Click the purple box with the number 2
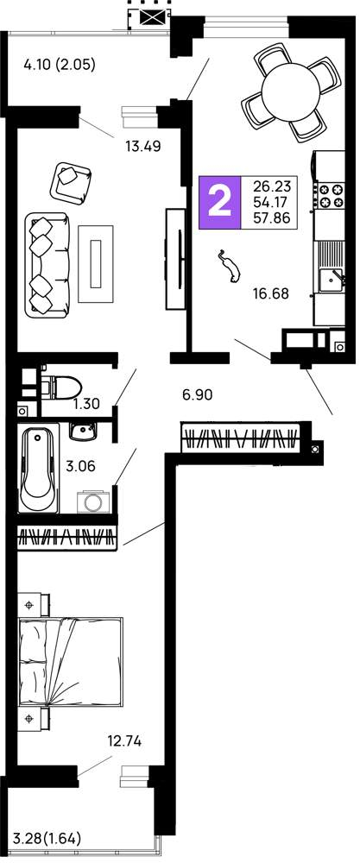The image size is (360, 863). coord(219,203)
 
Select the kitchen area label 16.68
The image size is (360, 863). coord(271,293)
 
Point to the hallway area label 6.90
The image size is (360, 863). coord(197,394)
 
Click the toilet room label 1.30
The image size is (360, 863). coord(86,404)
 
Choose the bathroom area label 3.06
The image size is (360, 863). coord(80,466)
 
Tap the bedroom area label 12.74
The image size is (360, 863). coord(124,741)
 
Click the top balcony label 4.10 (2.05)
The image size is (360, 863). coord(60,65)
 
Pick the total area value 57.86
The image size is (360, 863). coord(271,218)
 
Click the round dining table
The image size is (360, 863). coord(291,92)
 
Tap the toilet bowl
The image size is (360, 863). coord(60,387)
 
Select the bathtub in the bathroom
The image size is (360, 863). coord(39,468)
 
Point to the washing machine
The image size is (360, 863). coord(94,501)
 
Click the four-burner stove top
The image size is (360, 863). coord(330,195)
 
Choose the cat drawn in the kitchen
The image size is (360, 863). coord(230,266)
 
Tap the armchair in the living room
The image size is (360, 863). coord(71,182)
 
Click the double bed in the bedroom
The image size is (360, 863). coord(71,661)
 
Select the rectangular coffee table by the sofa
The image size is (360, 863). coord(96,263)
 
